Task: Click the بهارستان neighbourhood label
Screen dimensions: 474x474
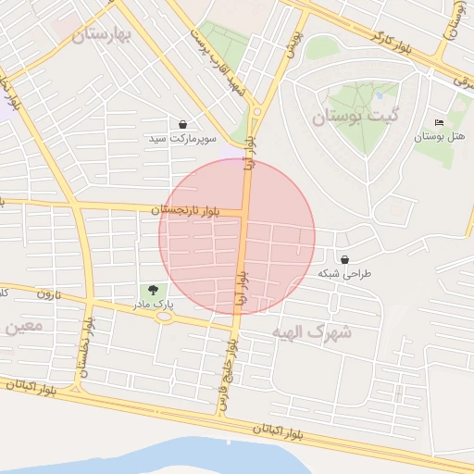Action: click(103, 35)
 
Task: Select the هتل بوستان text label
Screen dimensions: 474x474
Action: click(439, 137)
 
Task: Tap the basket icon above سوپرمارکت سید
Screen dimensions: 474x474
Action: click(182, 124)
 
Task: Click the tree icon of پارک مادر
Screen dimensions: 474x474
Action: click(152, 290)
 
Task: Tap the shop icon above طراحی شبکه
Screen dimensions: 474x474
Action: click(344, 260)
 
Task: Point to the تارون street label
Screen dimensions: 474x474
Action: click(47, 294)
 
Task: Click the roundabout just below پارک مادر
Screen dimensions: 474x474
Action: click(165, 317)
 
